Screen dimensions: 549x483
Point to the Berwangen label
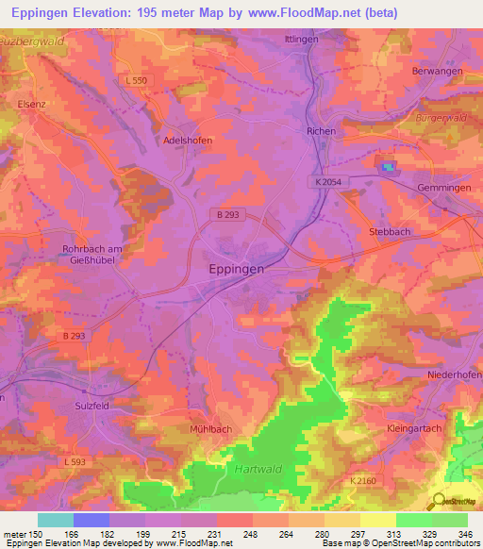coord(436,72)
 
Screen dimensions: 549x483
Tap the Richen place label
coord(322,131)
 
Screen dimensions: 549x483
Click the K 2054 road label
coord(329,181)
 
